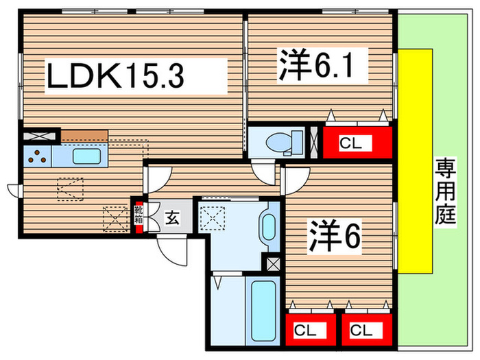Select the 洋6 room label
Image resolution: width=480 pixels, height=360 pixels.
click(x=334, y=237)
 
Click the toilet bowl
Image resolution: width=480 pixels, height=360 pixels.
click(x=283, y=142)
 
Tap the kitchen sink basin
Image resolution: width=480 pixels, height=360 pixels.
click(x=87, y=157)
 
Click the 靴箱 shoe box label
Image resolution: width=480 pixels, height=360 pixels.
click(x=139, y=215)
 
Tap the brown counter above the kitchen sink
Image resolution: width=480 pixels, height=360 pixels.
click(x=84, y=136)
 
